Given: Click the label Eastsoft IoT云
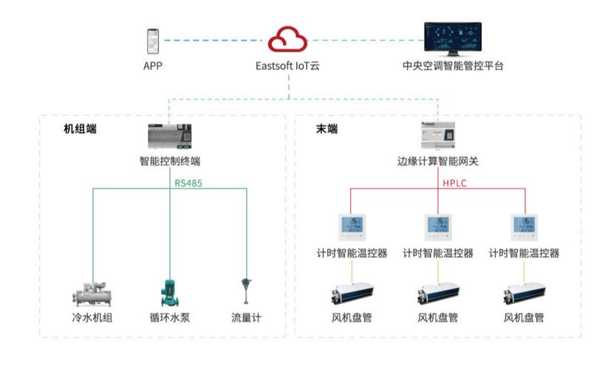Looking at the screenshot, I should (288, 66).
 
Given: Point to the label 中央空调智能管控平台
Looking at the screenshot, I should (453, 66).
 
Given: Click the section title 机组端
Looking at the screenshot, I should (81, 129).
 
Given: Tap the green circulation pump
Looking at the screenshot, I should (168, 292).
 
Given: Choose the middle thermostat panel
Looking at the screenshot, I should (437, 227).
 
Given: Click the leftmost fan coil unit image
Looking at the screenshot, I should (351, 295).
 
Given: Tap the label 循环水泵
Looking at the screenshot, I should (169, 319).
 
